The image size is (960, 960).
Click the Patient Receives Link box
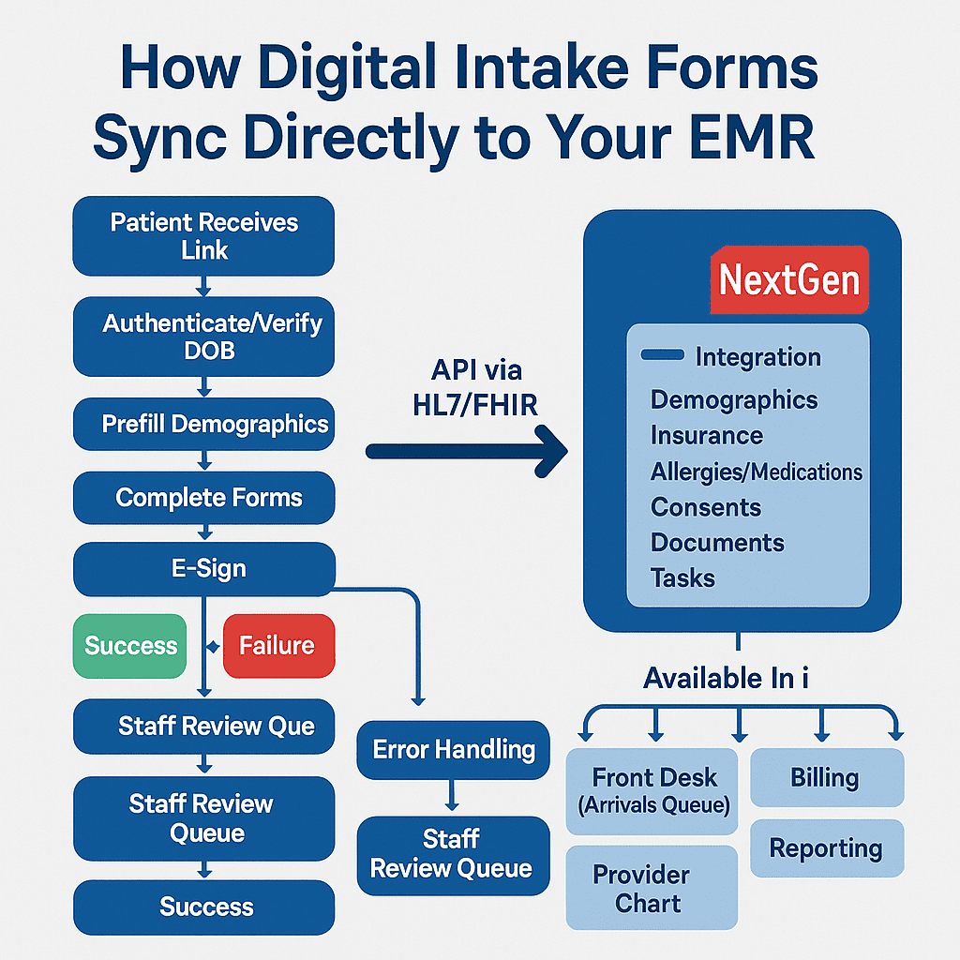click(x=203, y=235)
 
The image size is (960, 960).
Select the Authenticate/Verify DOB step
click(x=203, y=337)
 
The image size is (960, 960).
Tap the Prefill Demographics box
click(x=203, y=424)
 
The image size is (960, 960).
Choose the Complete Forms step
click(x=203, y=498)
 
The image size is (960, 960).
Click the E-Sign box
click(x=203, y=569)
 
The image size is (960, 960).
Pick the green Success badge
click(x=129, y=646)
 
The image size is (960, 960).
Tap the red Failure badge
click(x=279, y=646)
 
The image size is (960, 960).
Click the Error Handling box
click(x=453, y=750)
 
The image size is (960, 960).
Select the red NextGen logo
click(x=789, y=279)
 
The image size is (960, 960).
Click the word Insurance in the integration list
click(x=707, y=436)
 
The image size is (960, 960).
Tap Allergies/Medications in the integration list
click(x=757, y=472)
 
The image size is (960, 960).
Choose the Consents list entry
click(x=706, y=507)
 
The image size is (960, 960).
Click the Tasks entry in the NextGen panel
click(x=682, y=578)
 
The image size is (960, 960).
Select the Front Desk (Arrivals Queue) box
click(x=652, y=791)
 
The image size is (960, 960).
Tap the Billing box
click(x=827, y=777)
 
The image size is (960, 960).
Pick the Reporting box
click(x=827, y=848)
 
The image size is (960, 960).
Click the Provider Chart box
click(x=652, y=888)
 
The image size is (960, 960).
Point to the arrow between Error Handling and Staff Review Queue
click(x=452, y=795)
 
